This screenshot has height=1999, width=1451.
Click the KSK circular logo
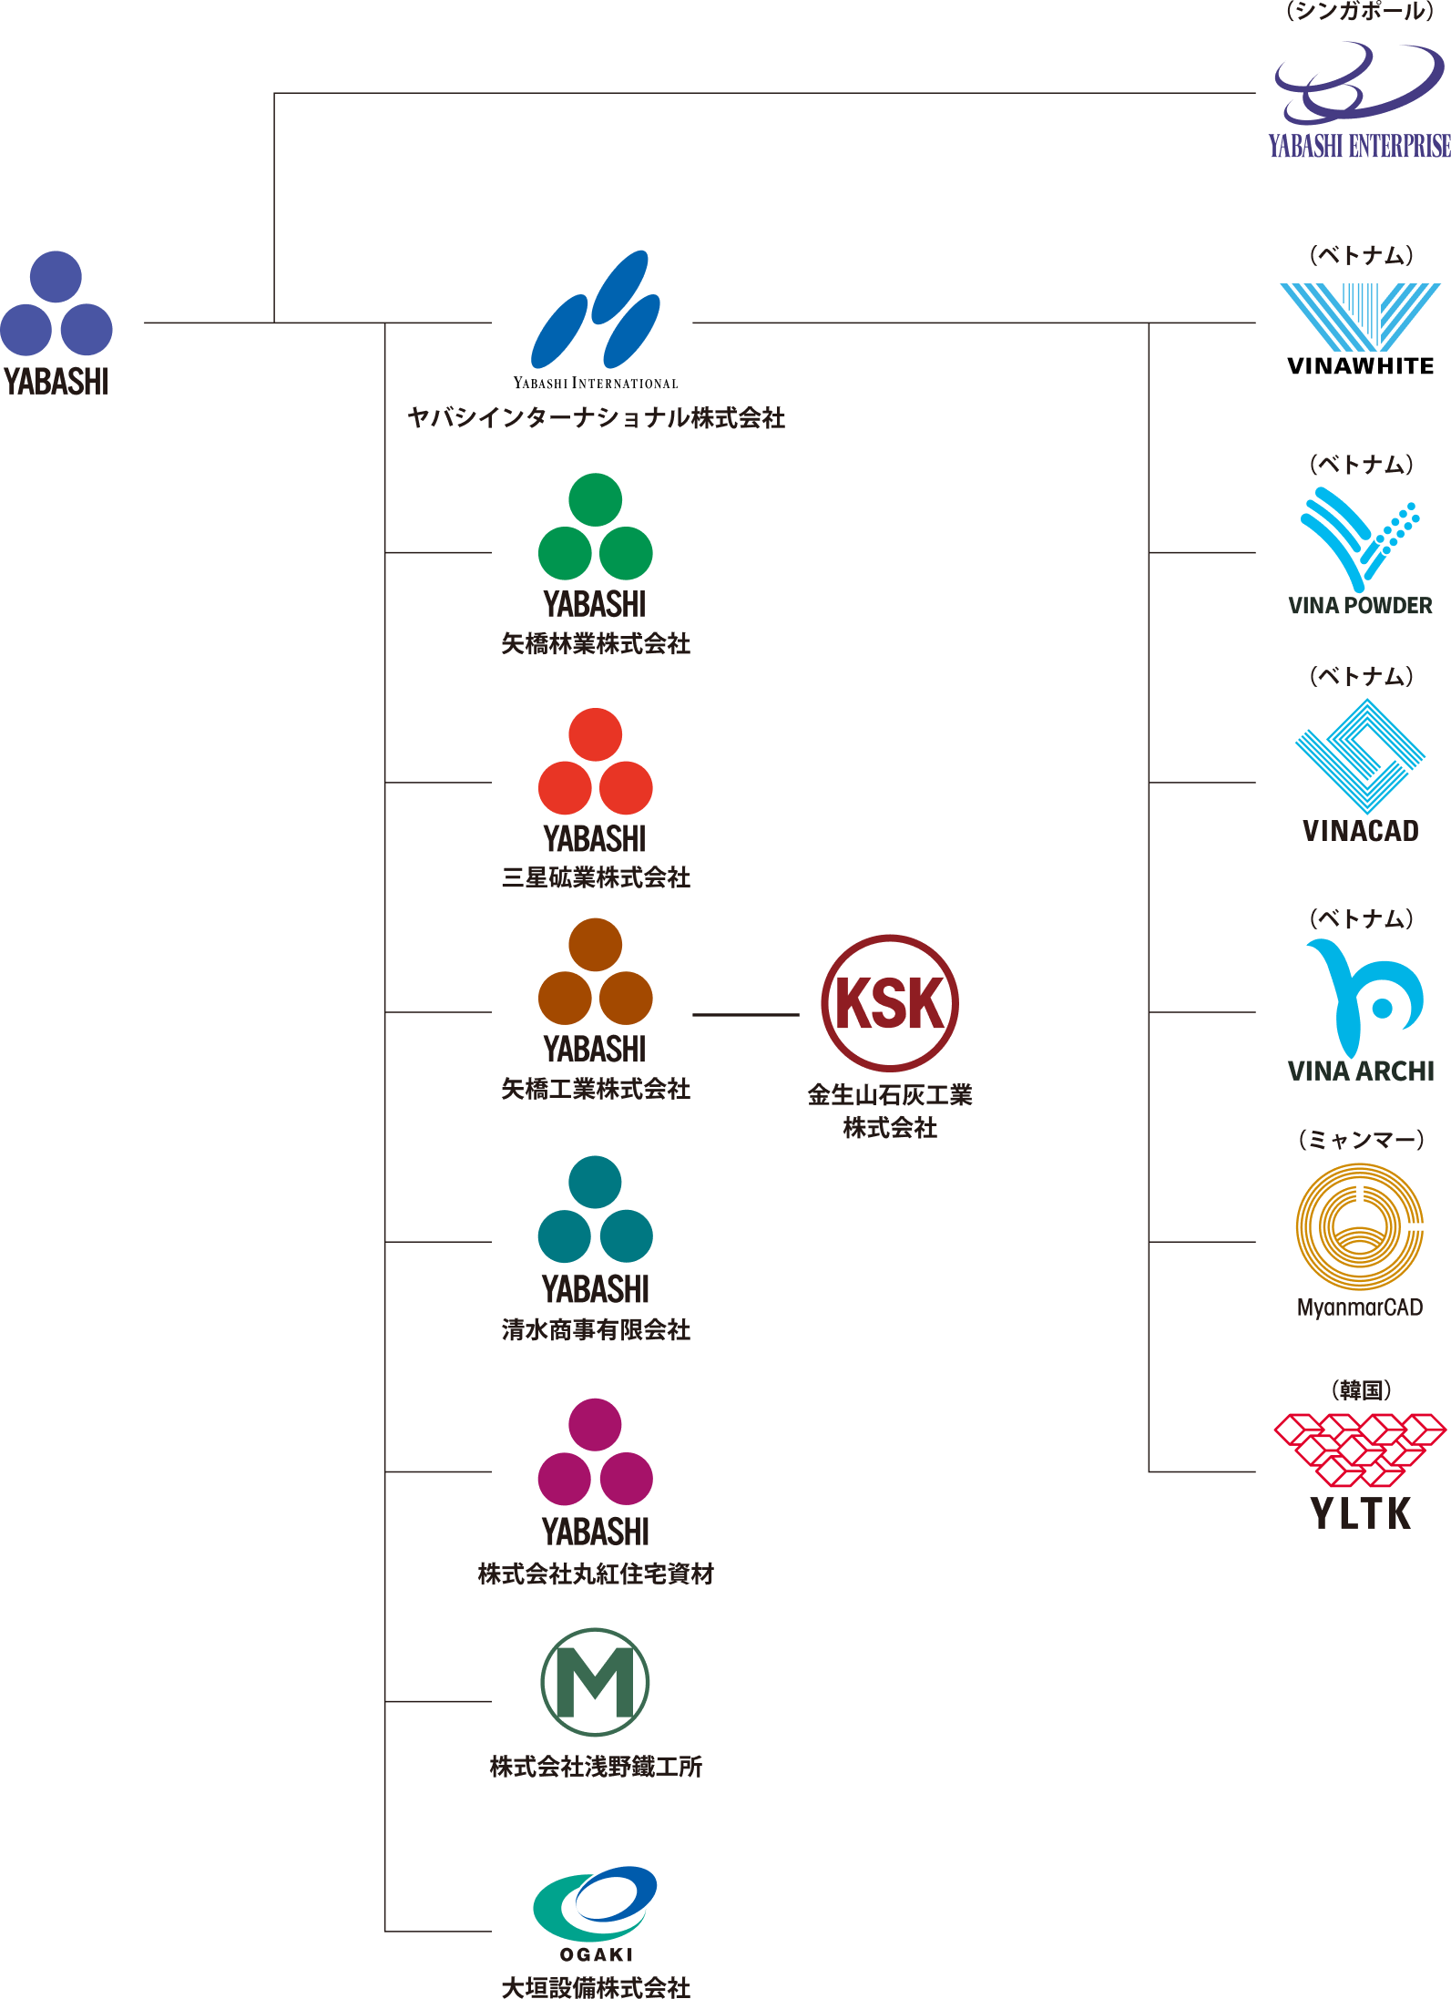[x=889, y=1002]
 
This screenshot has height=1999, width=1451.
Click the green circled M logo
[x=595, y=1682]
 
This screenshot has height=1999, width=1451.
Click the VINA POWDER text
[x=1360, y=606]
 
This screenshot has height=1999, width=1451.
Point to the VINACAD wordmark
[x=1361, y=831]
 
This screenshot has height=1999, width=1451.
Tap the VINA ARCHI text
[x=1361, y=1071]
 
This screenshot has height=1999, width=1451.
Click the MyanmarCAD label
[x=1360, y=1308]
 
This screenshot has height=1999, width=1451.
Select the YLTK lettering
[x=1361, y=1513]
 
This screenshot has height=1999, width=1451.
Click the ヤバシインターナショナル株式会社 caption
[x=596, y=418]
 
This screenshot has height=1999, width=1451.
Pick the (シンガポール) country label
[x=1360, y=12]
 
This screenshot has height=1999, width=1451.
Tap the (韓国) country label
[x=1361, y=1390]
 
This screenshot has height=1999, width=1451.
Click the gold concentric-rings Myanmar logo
[x=1360, y=1226]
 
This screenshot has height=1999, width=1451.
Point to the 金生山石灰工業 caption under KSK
[x=889, y=1094]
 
